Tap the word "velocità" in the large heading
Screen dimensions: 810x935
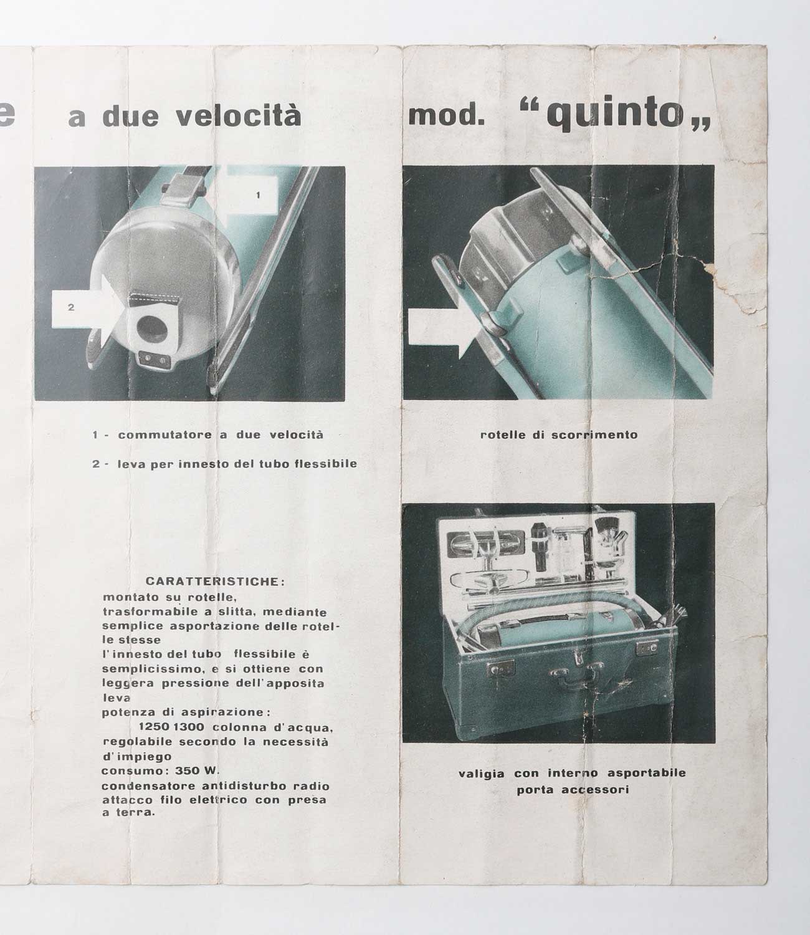point(239,116)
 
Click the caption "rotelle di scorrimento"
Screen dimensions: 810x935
point(559,434)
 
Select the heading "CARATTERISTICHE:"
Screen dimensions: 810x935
point(216,582)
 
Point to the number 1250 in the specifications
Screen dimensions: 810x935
point(153,727)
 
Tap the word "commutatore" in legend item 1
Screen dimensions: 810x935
point(164,434)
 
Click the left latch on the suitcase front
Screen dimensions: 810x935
point(501,668)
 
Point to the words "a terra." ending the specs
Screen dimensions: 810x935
point(128,812)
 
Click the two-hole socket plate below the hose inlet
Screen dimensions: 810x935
point(154,358)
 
